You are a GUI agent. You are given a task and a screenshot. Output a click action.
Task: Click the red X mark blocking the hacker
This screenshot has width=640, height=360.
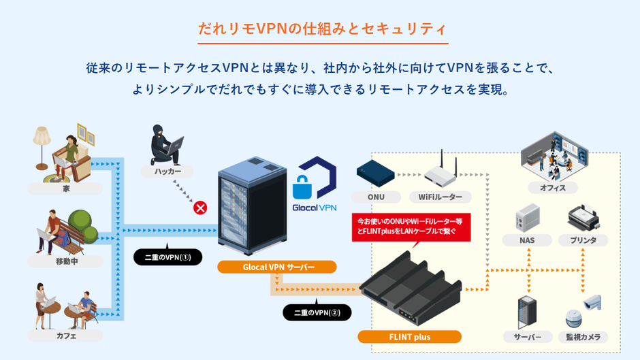tap(200, 207)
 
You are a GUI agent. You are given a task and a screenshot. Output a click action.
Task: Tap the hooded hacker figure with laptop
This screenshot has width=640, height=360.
tap(166, 144)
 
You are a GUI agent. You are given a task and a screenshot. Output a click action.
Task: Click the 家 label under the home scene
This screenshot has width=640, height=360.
tap(65, 189)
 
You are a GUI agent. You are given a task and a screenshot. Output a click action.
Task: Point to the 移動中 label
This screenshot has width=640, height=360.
tap(65, 261)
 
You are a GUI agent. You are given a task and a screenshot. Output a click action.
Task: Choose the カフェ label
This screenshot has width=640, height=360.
tap(65, 336)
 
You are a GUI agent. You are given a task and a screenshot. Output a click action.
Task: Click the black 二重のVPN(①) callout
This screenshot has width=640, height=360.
tap(167, 257)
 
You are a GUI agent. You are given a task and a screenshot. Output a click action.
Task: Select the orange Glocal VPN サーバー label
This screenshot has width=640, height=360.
tap(277, 267)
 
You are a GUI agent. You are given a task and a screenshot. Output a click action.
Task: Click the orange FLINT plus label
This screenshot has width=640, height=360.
tap(409, 336)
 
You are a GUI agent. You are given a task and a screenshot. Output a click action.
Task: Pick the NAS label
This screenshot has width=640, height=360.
tap(527, 240)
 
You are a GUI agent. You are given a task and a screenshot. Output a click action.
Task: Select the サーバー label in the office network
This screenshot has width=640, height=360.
tap(527, 336)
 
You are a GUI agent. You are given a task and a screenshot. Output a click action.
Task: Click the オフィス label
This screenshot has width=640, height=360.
tap(552, 187)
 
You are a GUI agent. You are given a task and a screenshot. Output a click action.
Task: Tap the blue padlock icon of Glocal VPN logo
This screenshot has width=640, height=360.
tap(302, 185)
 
